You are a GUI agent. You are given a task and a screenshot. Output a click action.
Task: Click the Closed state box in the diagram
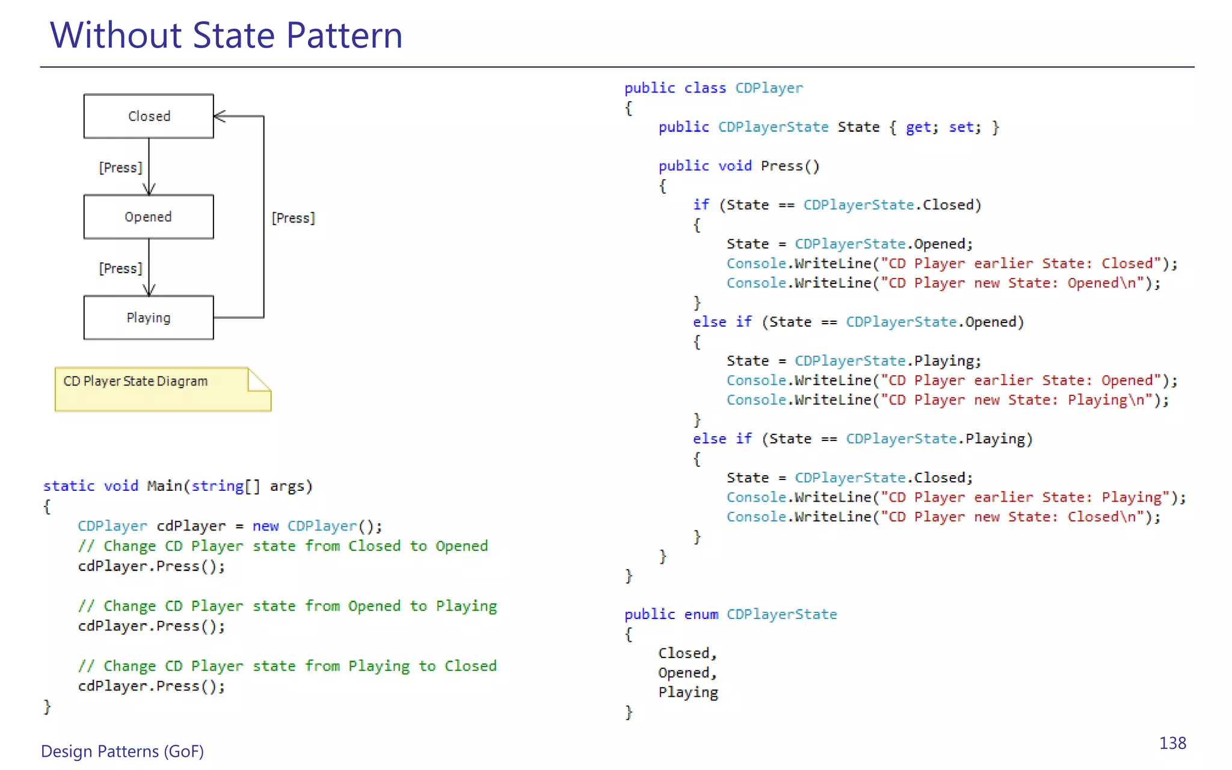tap(149, 116)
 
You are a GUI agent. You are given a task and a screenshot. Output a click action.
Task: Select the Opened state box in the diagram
tap(149, 217)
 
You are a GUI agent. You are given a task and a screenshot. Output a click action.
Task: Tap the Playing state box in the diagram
tap(149, 318)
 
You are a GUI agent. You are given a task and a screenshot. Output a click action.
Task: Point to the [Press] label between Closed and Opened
tap(121, 167)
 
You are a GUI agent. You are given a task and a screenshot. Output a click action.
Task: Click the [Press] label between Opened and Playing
tap(121, 268)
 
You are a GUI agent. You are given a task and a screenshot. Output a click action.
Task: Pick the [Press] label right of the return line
tap(294, 218)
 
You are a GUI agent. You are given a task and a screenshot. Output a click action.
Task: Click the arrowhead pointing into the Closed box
tap(220, 116)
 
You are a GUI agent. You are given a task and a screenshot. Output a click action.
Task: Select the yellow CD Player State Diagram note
tap(162, 389)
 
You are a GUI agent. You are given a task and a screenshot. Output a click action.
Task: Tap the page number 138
tap(1172, 744)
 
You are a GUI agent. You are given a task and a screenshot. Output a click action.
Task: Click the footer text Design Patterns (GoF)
tap(122, 751)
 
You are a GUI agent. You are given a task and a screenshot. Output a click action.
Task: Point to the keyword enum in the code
tap(701, 614)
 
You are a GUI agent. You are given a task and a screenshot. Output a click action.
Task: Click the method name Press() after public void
tap(790, 166)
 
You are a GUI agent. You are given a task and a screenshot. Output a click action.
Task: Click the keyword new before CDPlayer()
tap(265, 526)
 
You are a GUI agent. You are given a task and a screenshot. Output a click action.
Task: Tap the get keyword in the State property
tap(918, 127)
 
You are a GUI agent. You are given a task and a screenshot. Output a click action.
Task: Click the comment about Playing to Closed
tap(288, 666)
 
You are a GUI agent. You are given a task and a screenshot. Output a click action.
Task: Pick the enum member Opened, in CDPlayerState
tap(687, 673)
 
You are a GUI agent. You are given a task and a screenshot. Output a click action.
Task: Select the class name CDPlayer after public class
tap(769, 88)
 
